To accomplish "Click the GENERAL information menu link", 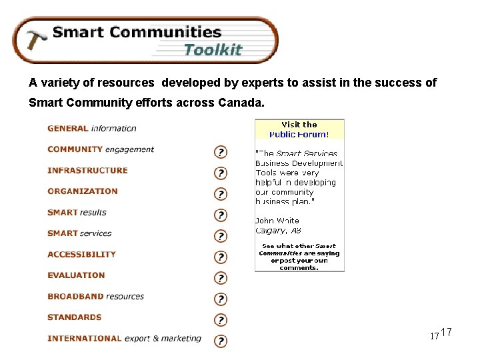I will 92,129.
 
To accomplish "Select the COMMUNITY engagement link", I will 101,149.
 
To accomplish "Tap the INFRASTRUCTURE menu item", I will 87,171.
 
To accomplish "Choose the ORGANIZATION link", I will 83,191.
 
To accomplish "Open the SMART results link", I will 77,213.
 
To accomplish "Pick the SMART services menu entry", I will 79,233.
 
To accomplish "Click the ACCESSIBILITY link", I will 81,255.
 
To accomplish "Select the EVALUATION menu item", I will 76,275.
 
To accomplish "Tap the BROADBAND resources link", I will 95,297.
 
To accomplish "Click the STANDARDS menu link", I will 75,317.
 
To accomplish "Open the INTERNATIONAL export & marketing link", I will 124,339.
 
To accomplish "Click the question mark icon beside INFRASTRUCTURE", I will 220,173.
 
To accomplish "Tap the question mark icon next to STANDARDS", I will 220,320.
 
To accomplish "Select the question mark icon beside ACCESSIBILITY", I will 220,257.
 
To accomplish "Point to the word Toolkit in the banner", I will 213,50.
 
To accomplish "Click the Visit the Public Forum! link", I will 299,129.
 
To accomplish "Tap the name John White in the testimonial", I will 277,221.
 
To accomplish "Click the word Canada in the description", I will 243,104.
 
